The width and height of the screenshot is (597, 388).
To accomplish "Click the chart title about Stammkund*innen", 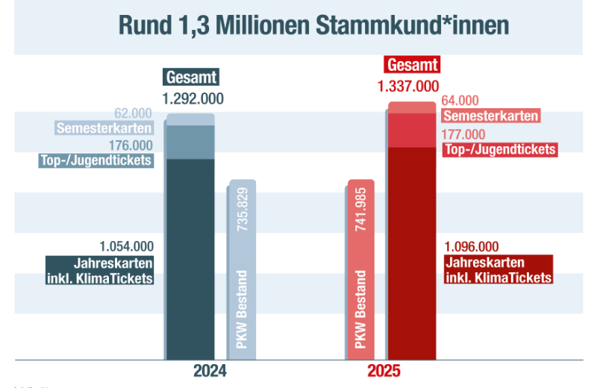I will coord(313,25).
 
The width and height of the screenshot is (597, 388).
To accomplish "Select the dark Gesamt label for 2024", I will coord(192,77).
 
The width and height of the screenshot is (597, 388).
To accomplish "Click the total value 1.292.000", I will coord(193,98).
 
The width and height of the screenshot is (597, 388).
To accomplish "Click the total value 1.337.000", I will coord(408,86).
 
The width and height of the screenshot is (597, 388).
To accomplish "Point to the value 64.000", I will coord(460,101).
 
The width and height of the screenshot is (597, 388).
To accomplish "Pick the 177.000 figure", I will coord(463,134).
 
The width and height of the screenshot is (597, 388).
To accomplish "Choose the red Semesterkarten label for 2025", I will coord(490,116).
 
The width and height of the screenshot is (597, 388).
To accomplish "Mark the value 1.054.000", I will coord(126,246).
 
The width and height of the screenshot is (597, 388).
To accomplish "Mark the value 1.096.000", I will coord(471,246).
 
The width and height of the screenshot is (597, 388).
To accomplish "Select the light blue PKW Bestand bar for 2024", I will coord(243,269).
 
